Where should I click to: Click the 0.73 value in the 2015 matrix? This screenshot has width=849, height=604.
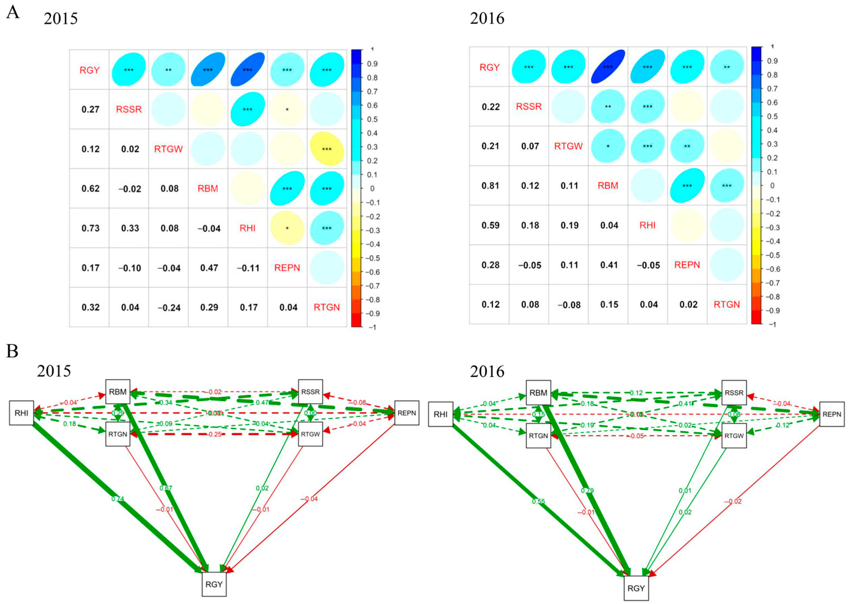(x=90, y=228)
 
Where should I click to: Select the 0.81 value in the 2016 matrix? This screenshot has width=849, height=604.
(x=490, y=186)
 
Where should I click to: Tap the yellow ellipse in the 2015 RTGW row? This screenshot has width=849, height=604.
(x=326, y=149)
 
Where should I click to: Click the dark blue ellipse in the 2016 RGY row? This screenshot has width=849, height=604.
(x=608, y=67)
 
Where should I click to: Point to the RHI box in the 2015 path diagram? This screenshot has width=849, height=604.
(x=22, y=413)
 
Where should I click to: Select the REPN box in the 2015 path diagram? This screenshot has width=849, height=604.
(x=406, y=413)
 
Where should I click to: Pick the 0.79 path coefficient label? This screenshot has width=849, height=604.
(x=587, y=491)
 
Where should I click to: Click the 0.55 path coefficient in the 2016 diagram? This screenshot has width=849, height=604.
(x=538, y=501)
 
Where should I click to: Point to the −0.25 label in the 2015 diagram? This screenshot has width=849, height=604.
(x=215, y=434)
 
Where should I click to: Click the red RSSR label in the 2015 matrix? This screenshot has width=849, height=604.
(x=129, y=109)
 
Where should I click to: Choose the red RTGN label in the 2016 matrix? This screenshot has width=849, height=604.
(x=726, y=305)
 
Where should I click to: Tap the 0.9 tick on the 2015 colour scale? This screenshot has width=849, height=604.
(x=372, y=64)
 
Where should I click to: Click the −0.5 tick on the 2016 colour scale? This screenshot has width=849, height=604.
(x=772, y=255)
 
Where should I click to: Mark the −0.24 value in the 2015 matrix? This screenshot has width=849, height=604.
(x=169, y=307)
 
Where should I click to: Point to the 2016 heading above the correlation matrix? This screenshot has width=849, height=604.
(x=487, y=18)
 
